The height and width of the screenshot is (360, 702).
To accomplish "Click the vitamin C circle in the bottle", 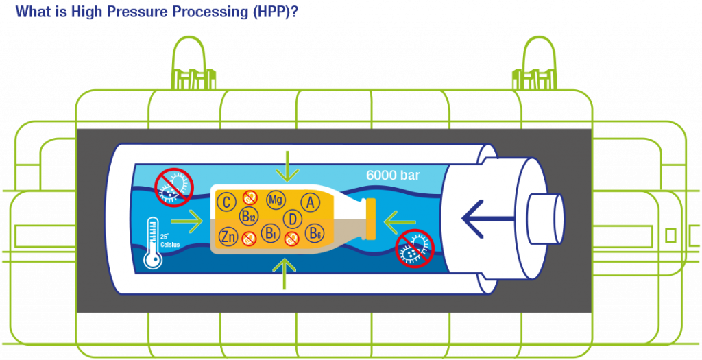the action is coord(226,202).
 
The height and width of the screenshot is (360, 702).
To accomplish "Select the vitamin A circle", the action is coord(309,203).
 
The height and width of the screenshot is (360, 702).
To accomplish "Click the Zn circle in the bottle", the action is coord(228,237).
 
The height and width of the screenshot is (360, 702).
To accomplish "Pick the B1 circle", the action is coord(270,233).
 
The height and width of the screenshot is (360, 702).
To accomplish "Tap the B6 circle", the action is coord(314,233).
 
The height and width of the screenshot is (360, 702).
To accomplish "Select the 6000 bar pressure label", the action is coord(393,175).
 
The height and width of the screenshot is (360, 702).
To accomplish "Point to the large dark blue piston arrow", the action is coord(487,219).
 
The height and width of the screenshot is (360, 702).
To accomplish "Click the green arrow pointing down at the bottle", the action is coord(287,166).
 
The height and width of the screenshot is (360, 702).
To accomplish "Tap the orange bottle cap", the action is coord(371,219).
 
